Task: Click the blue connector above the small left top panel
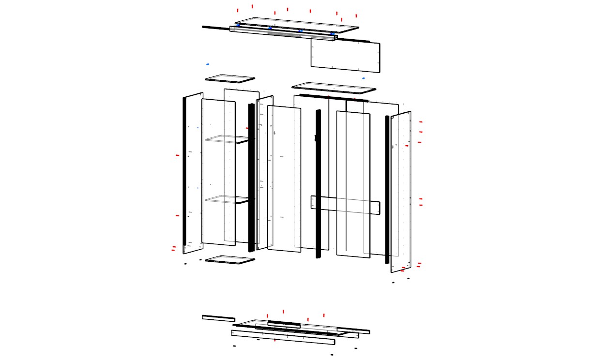tap(208, 64)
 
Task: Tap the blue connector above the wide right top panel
tap(364, 78)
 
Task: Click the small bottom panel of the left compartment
tap(230, 260)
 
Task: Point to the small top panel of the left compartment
tap(230, 78)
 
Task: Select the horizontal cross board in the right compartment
tap(345, 205)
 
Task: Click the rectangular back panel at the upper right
tap(345, 55)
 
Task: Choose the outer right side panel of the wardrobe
tap(401, 194)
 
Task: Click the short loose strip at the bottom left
tap(218, 318)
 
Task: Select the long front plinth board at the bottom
tap(283, 337)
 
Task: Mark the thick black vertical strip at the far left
tap(184, 172)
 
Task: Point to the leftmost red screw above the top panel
tap(238, 10)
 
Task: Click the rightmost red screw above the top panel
tap(356, 15)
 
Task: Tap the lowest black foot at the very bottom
tap(332, 355)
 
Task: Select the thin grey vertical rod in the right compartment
tap(347, 174)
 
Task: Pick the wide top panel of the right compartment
tap(334, 88)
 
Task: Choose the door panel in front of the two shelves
tap(218, 172)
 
